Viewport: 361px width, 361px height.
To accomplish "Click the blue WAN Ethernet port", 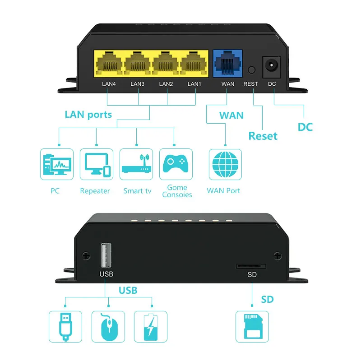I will tap(228, 65).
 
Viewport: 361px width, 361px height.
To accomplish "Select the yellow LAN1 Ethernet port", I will tap(194, 65).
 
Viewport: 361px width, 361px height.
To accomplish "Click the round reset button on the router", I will tap(251, 70).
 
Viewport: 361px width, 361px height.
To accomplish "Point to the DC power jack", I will tap(272, 66).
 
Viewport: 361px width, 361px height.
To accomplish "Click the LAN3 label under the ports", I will tap(138, 84).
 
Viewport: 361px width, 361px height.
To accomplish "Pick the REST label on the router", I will tap(251, 84).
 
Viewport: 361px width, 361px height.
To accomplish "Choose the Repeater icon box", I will tap(96, 165).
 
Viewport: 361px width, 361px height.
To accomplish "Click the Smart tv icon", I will tap(136, 165).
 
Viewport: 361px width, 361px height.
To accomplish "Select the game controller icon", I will tap(176, 165).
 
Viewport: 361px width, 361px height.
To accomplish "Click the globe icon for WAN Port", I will tap(225, 165).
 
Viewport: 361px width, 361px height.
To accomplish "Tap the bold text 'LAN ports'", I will tap(88, 114).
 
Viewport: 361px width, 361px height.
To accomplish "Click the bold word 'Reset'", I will tap(263, 136).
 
